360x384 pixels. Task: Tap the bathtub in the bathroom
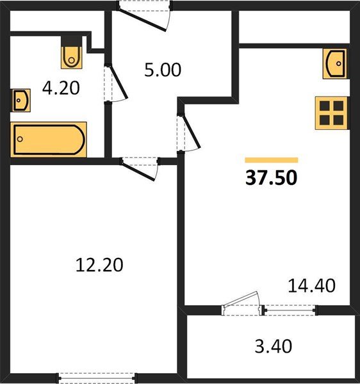coord(49,139)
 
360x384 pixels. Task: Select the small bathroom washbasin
coord(20,100)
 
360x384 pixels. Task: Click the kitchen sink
coord(335,63)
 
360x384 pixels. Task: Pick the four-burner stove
coord(331,113)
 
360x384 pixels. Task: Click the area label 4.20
coord(61,87)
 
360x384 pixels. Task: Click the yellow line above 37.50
coord(272,160)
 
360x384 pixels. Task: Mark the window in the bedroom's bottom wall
coord(95,377)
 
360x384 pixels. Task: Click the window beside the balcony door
coord(291,310)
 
